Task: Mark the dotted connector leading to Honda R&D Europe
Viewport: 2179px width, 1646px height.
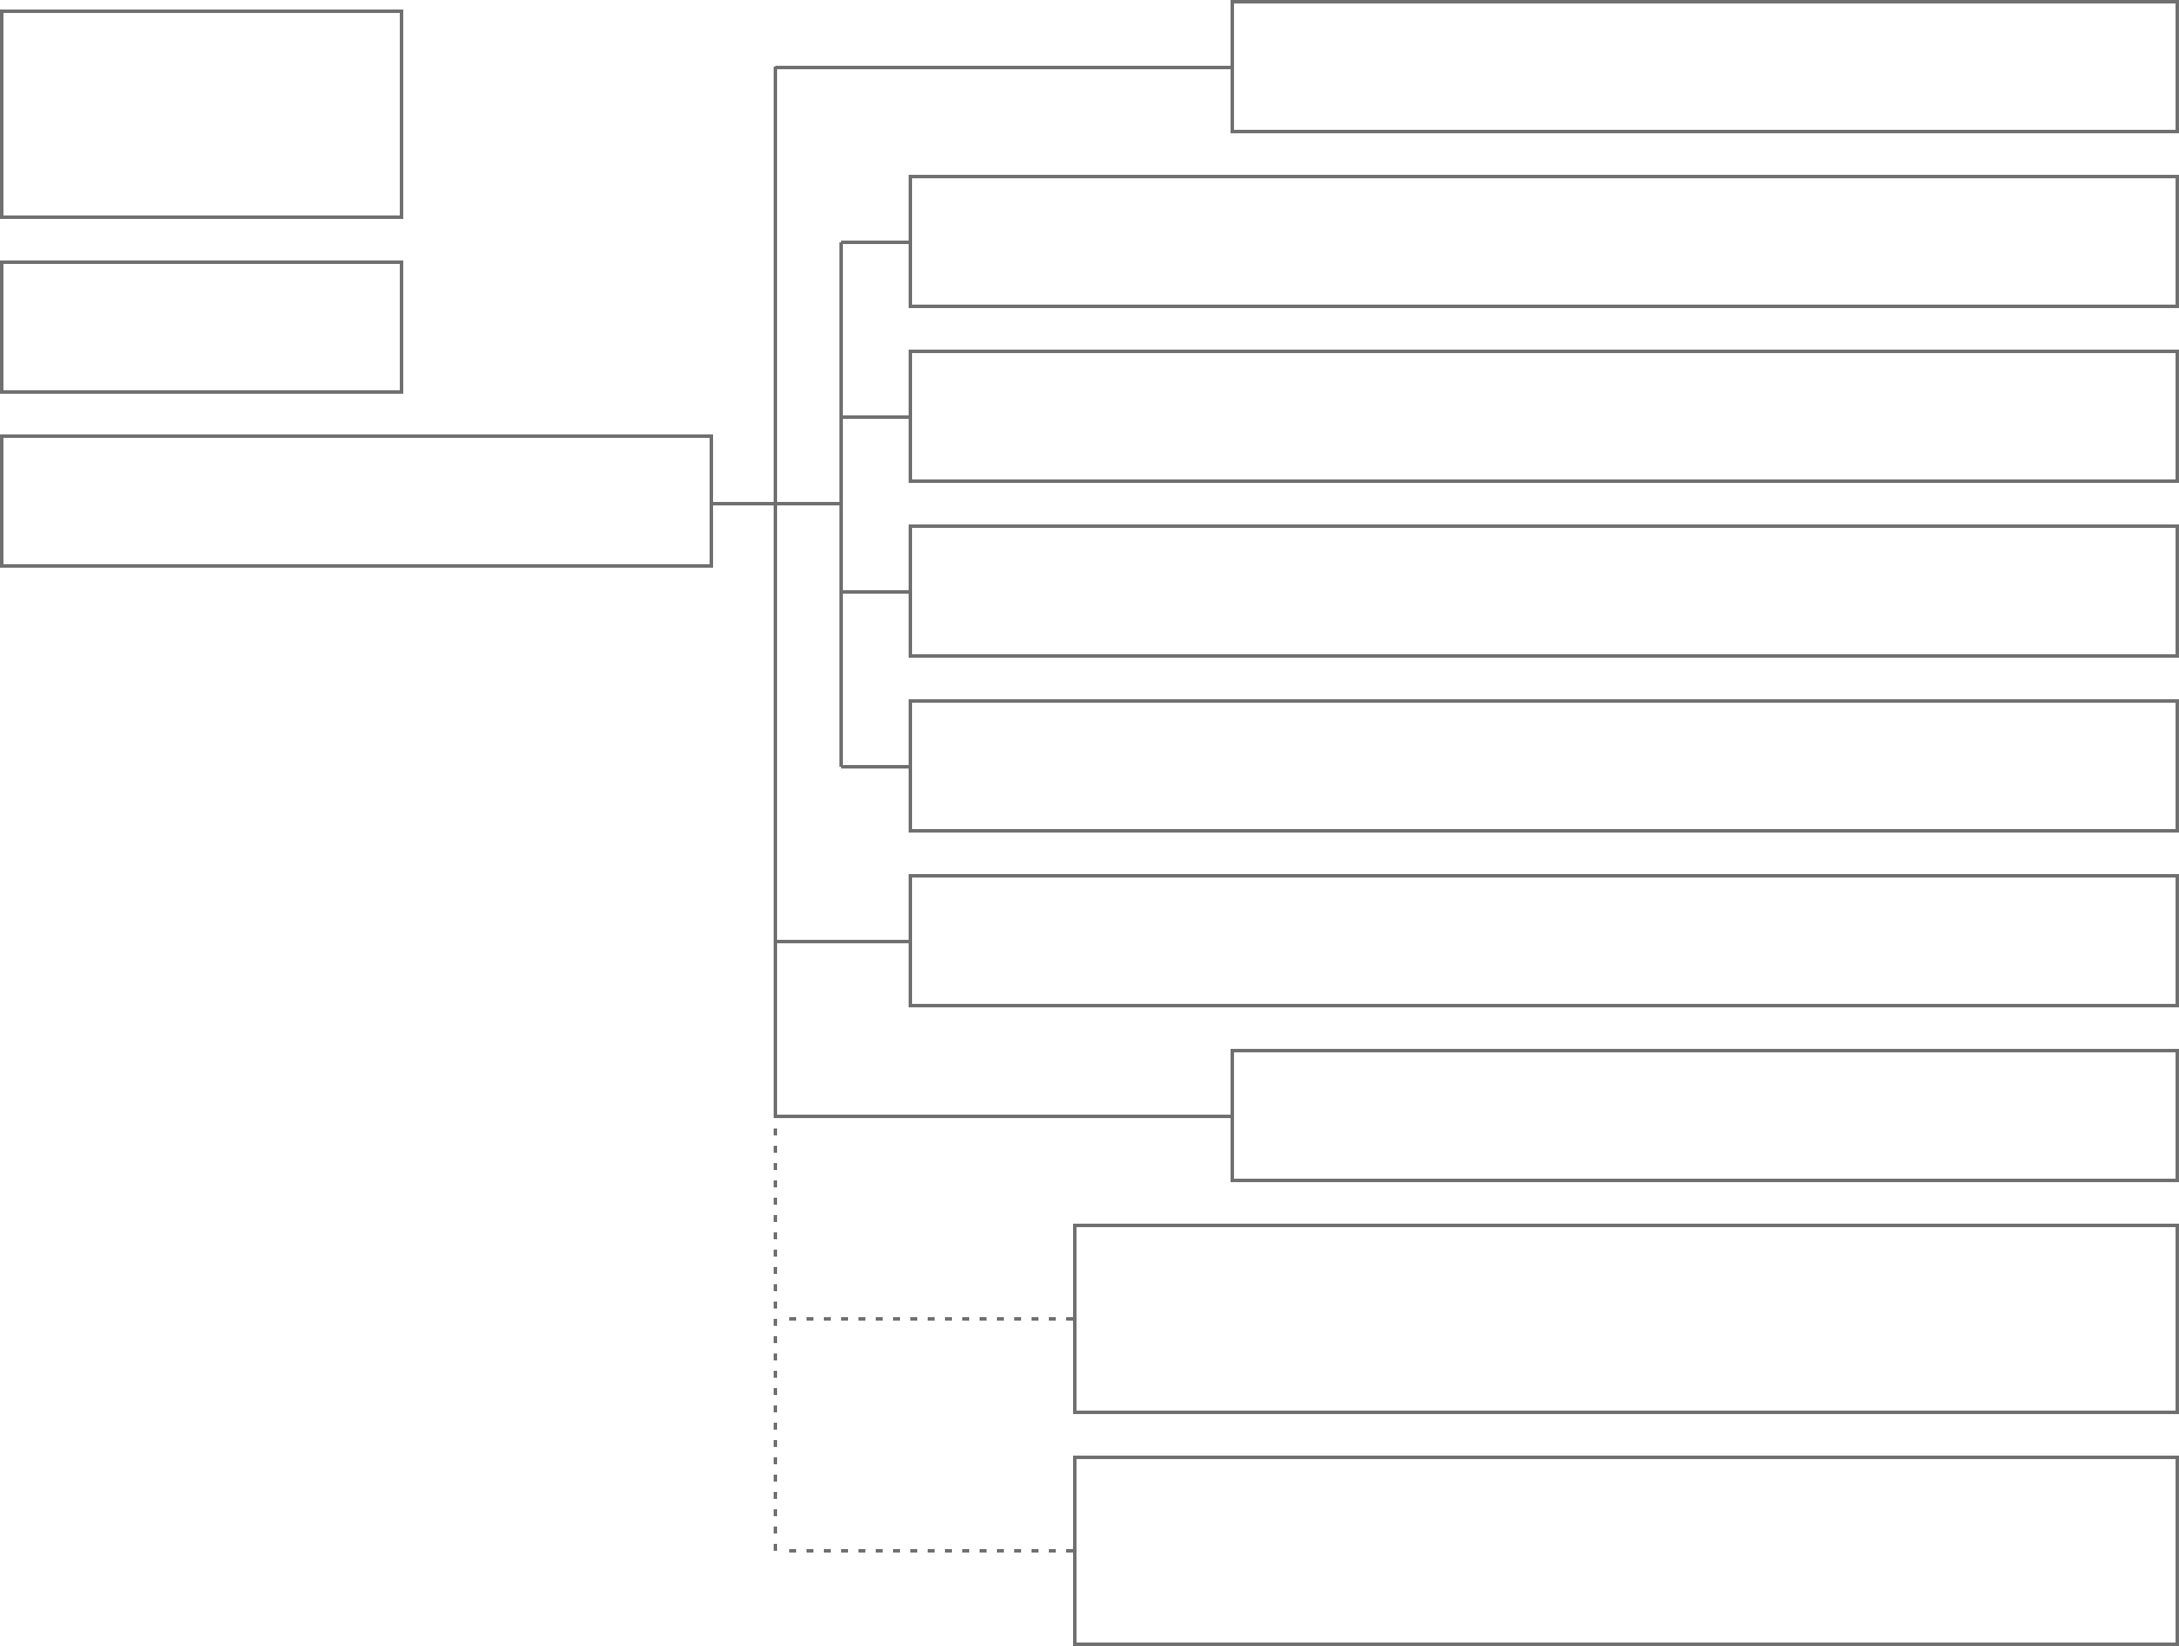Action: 926,1318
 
